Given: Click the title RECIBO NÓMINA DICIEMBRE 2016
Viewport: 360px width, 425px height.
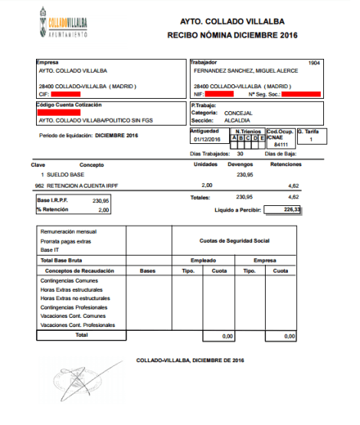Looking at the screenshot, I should click(x=232, y=36).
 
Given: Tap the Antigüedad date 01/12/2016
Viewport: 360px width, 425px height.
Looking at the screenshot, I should click(x=207, y=139).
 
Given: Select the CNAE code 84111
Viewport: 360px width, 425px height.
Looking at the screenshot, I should click(x=281, y=143).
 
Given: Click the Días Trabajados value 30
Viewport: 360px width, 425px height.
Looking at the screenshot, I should click(x=241, y=154).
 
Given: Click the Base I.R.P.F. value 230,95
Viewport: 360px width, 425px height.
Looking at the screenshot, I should click(x=101, y=200).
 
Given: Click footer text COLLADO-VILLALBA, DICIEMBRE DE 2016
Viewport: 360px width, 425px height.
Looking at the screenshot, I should click(x=189, y=359).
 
